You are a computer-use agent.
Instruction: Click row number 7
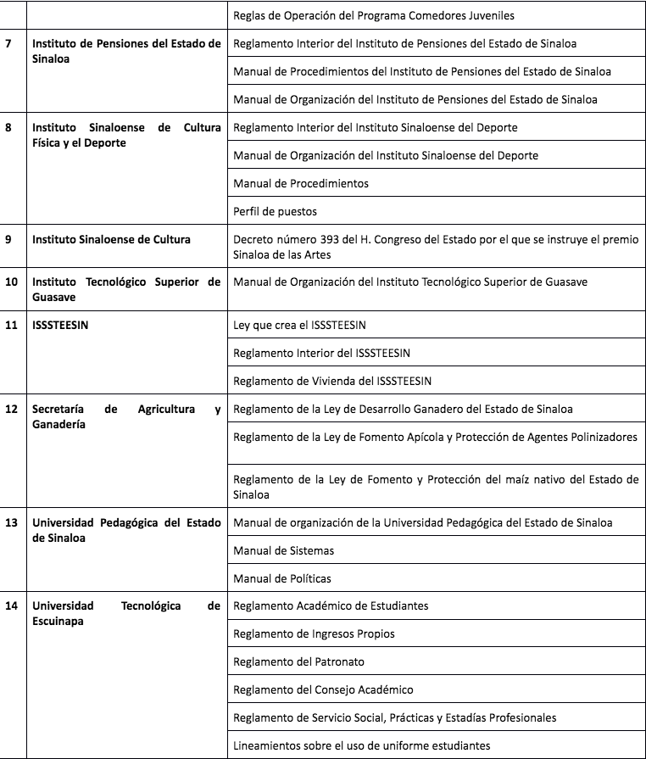(8, 42)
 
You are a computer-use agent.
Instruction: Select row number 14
(11, 606)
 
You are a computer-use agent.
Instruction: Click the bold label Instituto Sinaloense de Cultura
(111, 239)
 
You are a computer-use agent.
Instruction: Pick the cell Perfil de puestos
(275, 211)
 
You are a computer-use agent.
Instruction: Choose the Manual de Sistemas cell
(283, 550)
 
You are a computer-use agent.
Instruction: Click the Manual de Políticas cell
(281, 578)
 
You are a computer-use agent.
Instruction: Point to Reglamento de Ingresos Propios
(314, 633)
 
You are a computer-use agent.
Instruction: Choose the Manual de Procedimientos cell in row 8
(300, 183)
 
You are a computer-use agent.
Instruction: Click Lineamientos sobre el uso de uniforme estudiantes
(361, 745)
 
